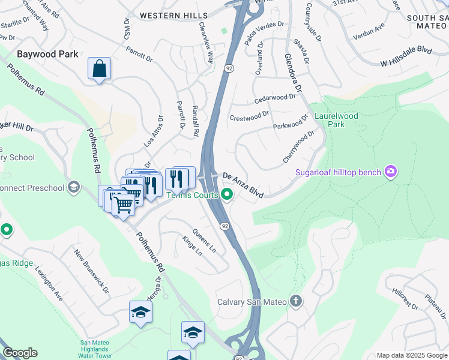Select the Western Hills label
click(x=173, y=15)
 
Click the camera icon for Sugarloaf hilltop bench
click(x=391, y=172)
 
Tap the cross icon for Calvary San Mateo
click(x=295, y=301)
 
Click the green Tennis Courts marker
click(x=227, y=194)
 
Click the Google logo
click(x=20, y=353)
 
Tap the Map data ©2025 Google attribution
click(x=411, y=355)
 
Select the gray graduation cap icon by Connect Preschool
click(x=74, y=187)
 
